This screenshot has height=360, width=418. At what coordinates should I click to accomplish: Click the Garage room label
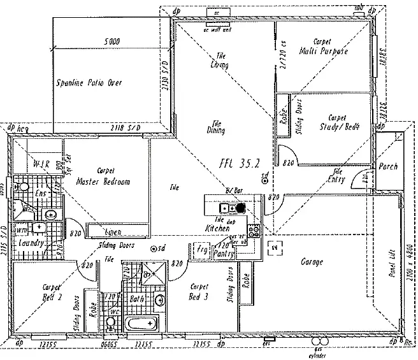[x=312, y=262]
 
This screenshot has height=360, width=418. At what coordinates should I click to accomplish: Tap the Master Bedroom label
[x=103, y=182]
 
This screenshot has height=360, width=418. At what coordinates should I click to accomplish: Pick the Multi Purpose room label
[x=323, y=52]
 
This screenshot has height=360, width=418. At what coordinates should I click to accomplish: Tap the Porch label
[x=388, y=166]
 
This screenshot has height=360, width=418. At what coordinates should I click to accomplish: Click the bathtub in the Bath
[x=141, y=324]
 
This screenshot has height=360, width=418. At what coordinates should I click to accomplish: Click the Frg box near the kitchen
[x=202, y=249]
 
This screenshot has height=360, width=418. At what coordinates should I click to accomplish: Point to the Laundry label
[x=31, y=243]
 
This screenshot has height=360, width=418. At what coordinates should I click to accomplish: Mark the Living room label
[x=219, y=65]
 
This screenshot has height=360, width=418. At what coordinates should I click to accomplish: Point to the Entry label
[x=338, y=180]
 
